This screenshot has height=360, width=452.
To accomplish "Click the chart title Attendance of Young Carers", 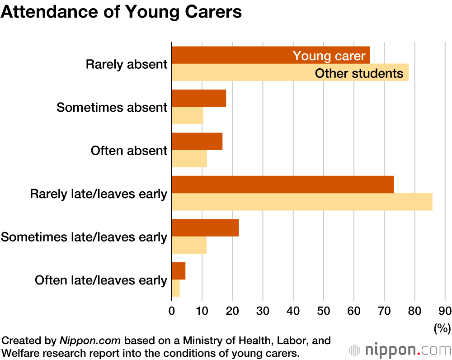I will tap(121, 12).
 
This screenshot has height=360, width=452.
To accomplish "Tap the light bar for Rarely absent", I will tap(244, 73).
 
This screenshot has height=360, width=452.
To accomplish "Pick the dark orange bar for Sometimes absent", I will tap(199, 98).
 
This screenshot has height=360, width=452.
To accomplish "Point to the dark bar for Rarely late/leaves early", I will tap(283, 185).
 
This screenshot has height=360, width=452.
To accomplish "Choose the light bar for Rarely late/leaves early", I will tap(302, 202).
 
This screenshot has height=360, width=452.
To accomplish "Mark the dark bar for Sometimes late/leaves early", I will tap(205, 227).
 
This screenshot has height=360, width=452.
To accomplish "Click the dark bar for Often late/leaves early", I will tap(179, 271).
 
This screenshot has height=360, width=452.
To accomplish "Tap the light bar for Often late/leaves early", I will tap(176, 288).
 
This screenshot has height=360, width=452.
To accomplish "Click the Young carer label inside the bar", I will tap(329, 56).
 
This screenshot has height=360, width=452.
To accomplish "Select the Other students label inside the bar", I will tap(359, 73).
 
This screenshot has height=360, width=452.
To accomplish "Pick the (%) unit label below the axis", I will tap(442, 327).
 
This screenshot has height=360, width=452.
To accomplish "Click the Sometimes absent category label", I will tap(112, 107).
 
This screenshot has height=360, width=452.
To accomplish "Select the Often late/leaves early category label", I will tap(101, 280).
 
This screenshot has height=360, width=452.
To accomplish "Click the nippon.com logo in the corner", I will tap(400, 350).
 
